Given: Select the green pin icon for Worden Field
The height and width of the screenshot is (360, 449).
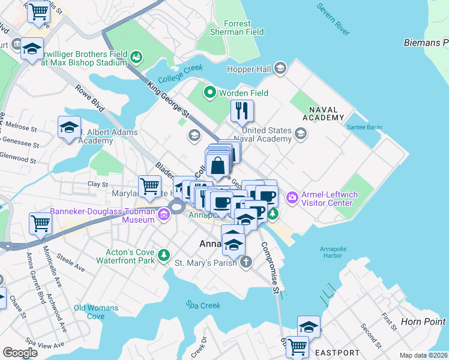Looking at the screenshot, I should point(210,93).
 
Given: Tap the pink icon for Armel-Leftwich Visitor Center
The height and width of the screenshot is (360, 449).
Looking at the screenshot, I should point(292,196).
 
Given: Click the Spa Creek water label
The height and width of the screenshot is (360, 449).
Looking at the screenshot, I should point(203,305).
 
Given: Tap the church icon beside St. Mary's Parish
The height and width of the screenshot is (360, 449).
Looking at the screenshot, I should point(246,262).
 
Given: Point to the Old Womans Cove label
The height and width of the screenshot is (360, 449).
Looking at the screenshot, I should point(96,312).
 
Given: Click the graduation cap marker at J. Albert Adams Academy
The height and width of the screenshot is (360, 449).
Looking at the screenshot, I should point(69,128).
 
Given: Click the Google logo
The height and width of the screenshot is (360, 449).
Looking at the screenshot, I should point(20,353).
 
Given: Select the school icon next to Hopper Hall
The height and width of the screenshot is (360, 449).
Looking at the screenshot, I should point(280,69).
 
